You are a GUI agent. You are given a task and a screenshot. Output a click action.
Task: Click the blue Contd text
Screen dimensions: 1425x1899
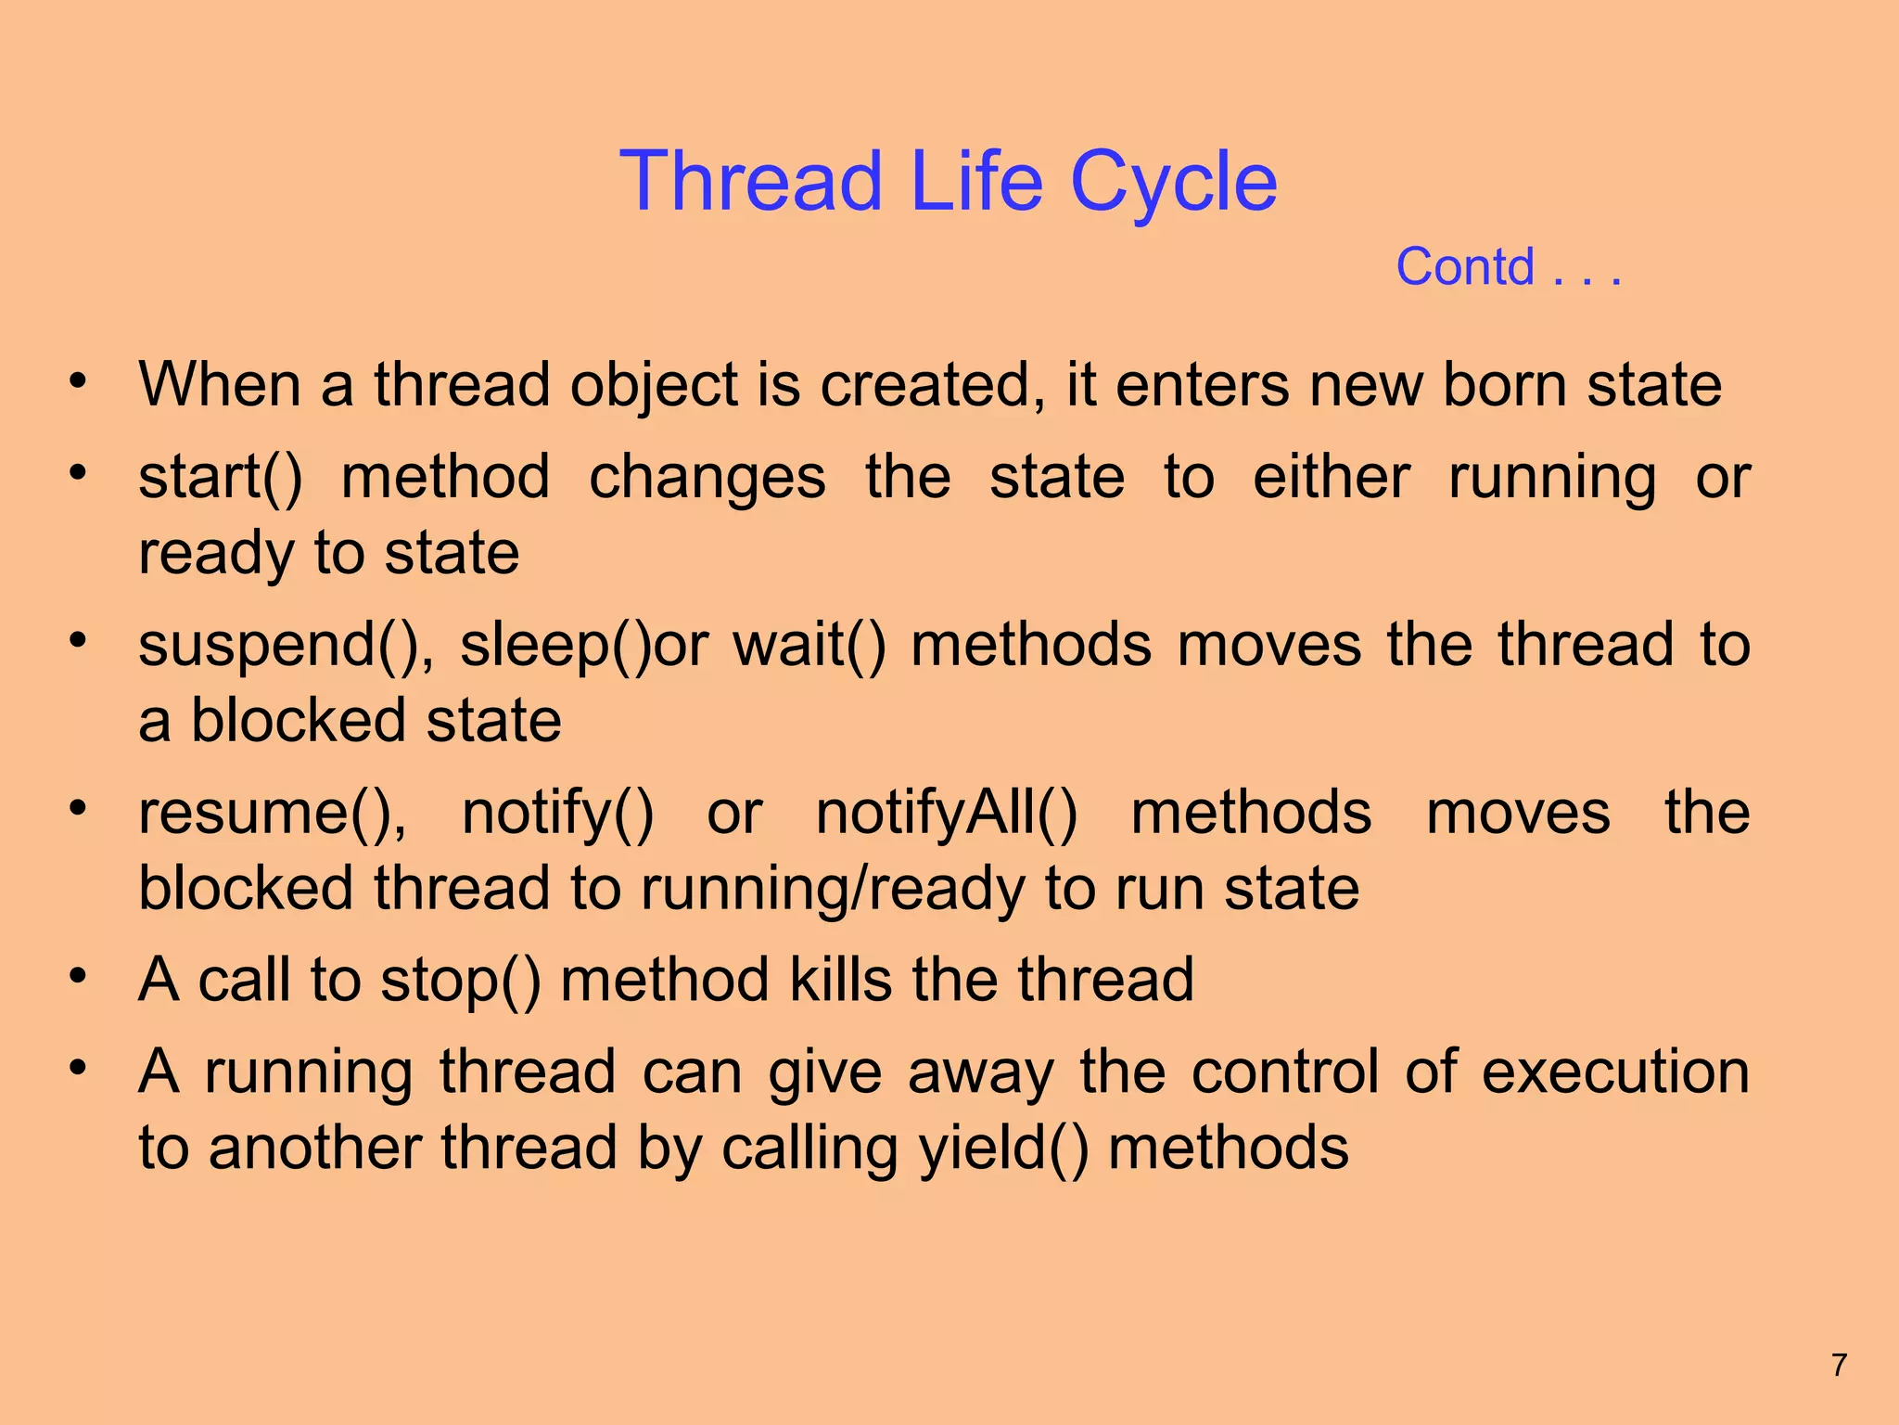pos(1465,267)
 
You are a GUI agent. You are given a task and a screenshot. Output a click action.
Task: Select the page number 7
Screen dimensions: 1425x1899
pos(1840,1365)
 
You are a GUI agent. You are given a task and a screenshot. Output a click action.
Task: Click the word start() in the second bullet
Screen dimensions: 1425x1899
pos(220,478)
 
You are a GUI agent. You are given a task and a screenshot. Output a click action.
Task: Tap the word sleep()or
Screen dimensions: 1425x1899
pos(584,646)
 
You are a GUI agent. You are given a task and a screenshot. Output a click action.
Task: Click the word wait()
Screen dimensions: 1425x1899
pos(809,645)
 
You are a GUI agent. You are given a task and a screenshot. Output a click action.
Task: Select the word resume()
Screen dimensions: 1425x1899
pos(272,814)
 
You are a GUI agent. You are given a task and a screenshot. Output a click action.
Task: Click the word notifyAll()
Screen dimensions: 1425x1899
pos(947,814)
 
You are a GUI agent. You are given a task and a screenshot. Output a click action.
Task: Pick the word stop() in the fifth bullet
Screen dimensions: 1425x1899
pos(460,981)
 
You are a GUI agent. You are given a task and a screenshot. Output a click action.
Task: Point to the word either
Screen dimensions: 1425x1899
pos(1332,478)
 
